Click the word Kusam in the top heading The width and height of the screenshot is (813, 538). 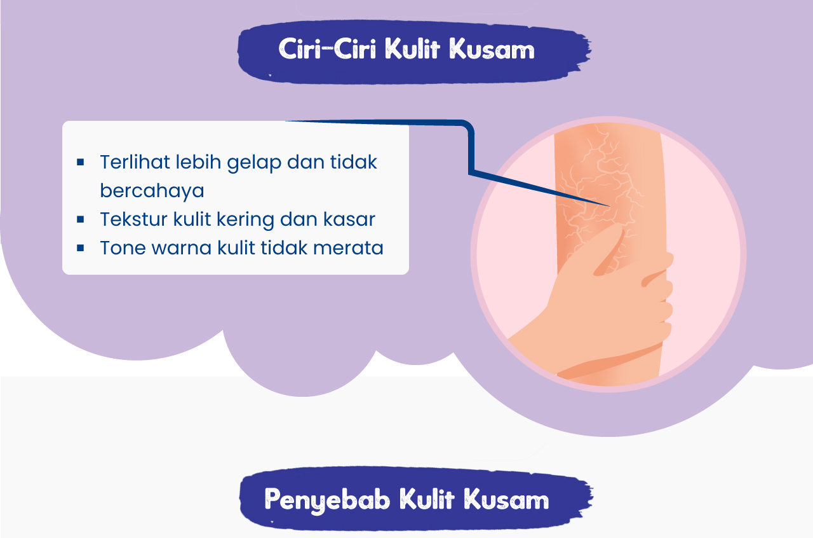(x=492, y=49)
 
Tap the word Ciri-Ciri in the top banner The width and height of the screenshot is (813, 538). (x=327, y=49)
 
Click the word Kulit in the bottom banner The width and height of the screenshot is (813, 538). (x=427, y=499)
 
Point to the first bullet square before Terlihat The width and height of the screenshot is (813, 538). (x=81, y=162)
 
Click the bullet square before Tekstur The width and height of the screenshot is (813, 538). (x=81, y=219)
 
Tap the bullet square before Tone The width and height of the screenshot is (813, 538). (x=81, y=248)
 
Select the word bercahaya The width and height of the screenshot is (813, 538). (x=152, y=191)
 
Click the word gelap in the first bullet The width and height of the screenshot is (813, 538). (x=254, y=163)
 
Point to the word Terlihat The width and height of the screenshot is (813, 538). (x=135, y=162)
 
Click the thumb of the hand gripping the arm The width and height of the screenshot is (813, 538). (x=610, y=251)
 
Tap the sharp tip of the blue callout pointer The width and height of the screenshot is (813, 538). (x=610, y=206)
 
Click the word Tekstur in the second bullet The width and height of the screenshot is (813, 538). (x=133, y=219)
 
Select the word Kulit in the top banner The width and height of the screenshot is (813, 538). (x=412, y=48)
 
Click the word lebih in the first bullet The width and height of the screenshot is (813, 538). (x=199, y=162)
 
